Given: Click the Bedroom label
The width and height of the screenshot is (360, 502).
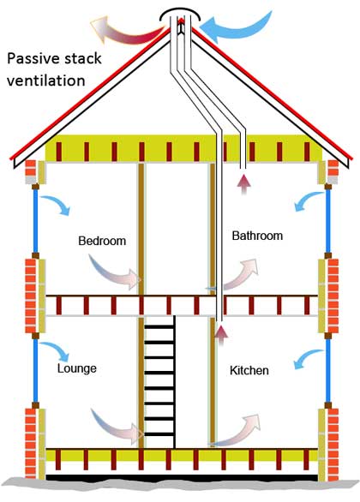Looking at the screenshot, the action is (102, 241).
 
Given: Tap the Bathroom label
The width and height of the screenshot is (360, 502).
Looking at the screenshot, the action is (257, 236).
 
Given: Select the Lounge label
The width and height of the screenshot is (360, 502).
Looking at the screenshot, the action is (77, 368).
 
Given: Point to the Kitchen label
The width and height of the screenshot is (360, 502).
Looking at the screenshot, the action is (249, 370).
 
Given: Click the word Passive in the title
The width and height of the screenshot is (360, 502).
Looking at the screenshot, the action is (33, 58).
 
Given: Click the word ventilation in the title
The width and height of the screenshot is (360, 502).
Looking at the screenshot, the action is (45, 81).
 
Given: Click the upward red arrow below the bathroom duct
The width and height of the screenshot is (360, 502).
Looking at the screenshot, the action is (244, 185).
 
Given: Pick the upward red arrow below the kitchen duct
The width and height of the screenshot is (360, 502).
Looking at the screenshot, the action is (221, 335).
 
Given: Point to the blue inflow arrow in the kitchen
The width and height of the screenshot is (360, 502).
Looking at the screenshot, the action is (308, 356).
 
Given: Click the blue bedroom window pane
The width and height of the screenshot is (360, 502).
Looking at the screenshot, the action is (35, 220).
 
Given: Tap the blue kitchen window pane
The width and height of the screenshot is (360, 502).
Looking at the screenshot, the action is (328, 370).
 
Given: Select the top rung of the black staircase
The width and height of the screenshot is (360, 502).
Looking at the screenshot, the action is (159, 327).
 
